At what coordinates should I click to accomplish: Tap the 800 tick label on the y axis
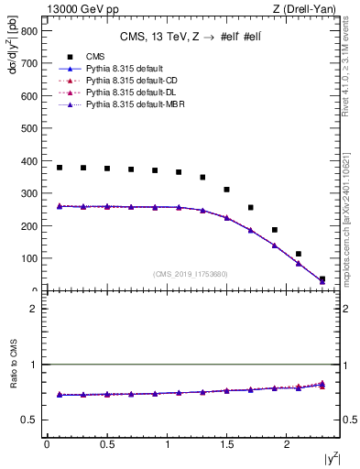pyautogui.click(x=29, y=31)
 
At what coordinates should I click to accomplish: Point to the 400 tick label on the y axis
pyautogui.click(x=29, y=161)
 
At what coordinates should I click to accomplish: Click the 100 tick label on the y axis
pyautogui.click(x=29, y=258)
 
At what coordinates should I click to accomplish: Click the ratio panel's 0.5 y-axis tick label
pyautogui.click(x=31, y=420)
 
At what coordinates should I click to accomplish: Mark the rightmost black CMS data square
pyautogui.click(x=322, y=279)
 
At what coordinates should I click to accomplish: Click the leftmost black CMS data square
pyautogui.click(x=60, y=168)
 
